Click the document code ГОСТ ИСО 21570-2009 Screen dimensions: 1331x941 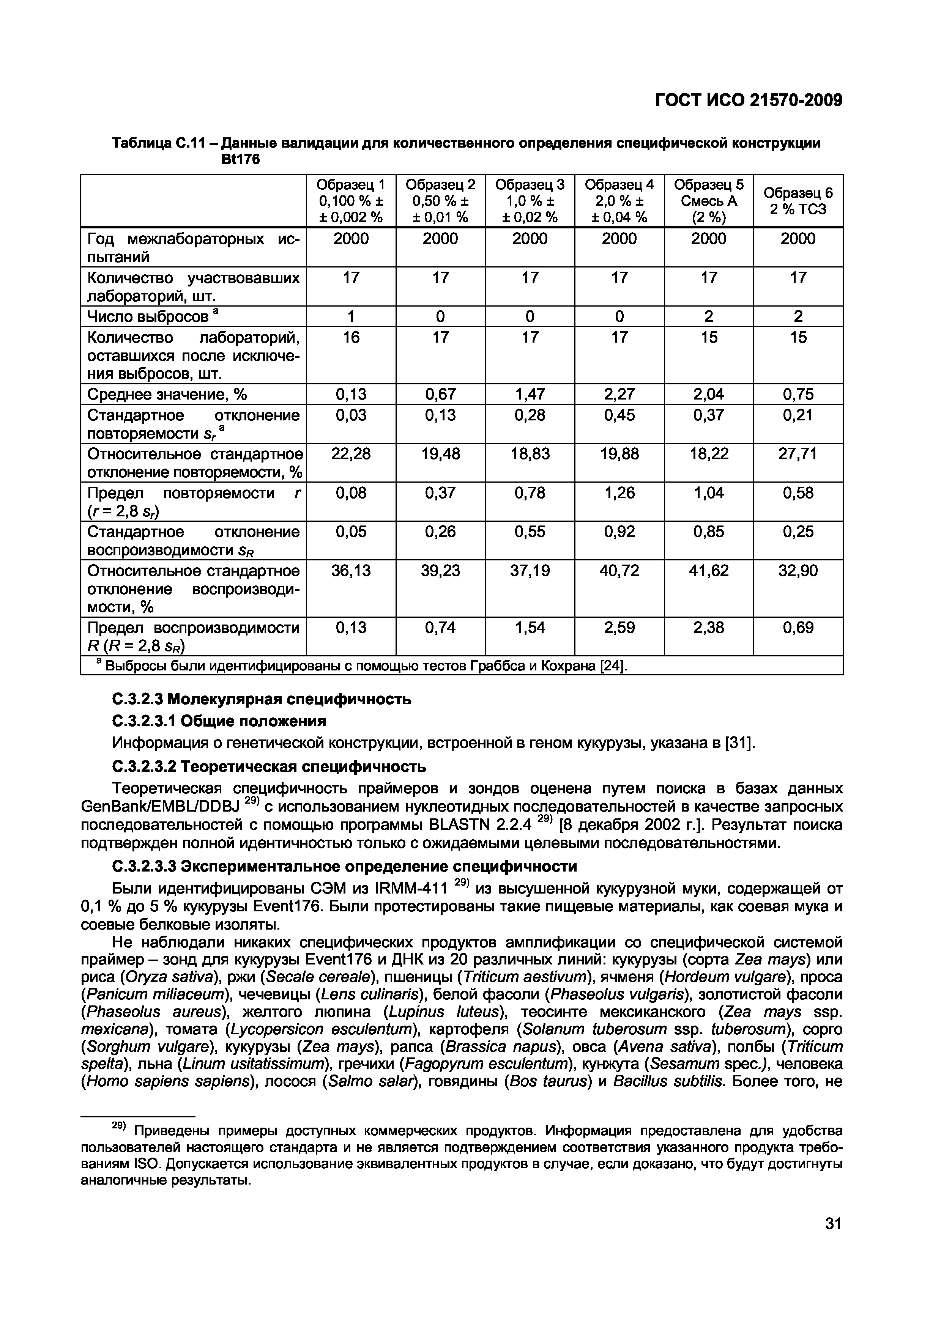[x=748, y=101]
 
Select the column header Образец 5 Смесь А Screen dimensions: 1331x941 [x=709, y=201]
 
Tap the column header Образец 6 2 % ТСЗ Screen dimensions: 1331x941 [x=798, y=201]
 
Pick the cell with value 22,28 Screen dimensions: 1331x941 [x=351, y=453]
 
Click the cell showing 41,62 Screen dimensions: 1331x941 [x=709, y=571]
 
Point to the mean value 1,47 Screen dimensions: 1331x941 [x=530, y=394]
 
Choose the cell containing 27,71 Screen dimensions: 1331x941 [x=798, y=453]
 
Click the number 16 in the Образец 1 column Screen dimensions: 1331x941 [x=351, y=337]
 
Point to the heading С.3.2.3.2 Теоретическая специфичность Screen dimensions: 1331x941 [x=268, y=767]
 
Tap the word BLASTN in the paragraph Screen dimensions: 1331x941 [x=460, y=824]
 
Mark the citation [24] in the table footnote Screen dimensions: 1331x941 [x=614, y=667]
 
